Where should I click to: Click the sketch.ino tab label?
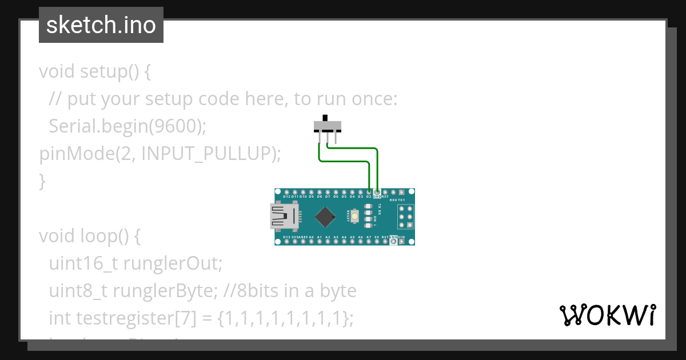[101, 25]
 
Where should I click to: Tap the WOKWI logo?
[607, 315]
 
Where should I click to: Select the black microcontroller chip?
[325, 217]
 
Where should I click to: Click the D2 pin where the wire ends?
[369, 192]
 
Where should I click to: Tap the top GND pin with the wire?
[377, 192]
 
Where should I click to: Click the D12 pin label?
[286, 197]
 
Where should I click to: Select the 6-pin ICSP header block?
[406, 217]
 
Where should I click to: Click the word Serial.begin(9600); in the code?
[127, 126]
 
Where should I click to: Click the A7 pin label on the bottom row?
[369, 237]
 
